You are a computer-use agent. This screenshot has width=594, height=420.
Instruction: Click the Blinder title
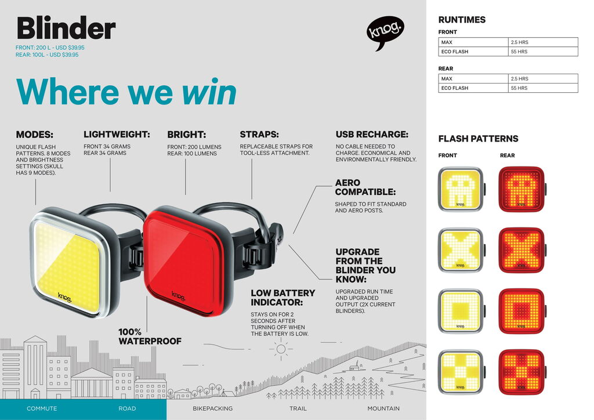(x=66, y=28)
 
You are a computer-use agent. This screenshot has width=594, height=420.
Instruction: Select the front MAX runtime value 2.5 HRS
(x=519, y=42)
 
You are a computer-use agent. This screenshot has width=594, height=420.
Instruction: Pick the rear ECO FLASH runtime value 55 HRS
(x=519, y=88)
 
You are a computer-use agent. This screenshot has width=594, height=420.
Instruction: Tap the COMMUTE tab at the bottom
(x=42, y=408)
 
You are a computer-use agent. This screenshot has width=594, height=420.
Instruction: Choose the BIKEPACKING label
(x=212, y=408)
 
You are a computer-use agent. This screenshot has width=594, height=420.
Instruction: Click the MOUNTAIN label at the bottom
(x=383, y=408)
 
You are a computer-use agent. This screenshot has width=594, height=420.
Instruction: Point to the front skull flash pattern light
(x=461, y=189)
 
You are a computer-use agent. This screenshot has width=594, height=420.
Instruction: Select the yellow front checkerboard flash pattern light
(x=461, y=372)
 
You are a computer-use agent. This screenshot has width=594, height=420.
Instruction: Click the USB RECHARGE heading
(x=372, y=135)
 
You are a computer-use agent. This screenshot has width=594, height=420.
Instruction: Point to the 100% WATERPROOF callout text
(x=150, y=336)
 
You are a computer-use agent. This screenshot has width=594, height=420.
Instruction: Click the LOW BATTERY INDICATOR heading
(x=283, y=298)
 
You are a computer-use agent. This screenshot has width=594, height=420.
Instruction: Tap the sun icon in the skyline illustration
(x=281, y=349)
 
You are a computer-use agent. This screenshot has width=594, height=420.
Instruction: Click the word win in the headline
(x=209, y=92)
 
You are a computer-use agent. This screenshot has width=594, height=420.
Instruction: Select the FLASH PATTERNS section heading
(x=478, y=139)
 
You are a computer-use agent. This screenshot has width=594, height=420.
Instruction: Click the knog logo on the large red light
(x=179, y=296)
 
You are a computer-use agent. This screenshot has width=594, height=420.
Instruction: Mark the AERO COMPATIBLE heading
(x=365, y=187)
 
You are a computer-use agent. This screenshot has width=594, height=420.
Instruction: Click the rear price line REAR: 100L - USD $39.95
(x=47, y=55)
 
